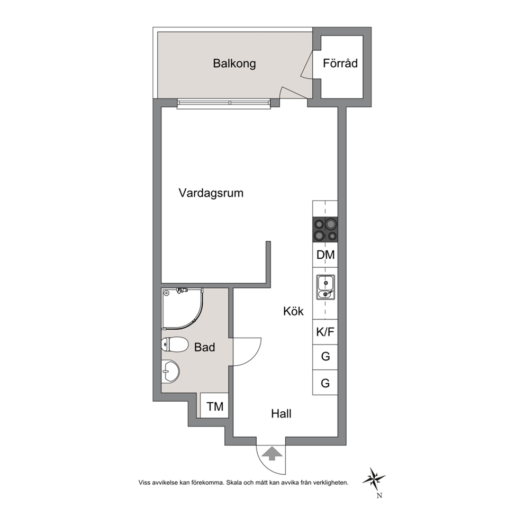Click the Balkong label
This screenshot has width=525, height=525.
click(234, 64)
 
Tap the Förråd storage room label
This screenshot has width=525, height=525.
click(340, 63)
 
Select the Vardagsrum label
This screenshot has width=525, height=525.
click(211, 193)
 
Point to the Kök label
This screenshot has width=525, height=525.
click(293, 311)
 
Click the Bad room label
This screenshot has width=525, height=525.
click(205, 347)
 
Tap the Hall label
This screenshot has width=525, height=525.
click(281, 414)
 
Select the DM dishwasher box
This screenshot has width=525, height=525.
click(325, 255)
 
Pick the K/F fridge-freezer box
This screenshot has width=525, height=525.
click(325, 332)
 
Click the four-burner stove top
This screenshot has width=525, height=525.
click(325, 229)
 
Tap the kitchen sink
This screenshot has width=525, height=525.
click(325, 287)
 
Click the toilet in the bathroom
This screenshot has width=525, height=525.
click(175, 345)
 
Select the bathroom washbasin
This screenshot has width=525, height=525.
click(170, 372)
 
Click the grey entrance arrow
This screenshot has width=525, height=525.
click(272, 454)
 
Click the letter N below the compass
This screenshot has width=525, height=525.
click(379, 496)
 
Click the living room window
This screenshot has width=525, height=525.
click(224, 103)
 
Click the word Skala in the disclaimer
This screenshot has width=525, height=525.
click(234, 483)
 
